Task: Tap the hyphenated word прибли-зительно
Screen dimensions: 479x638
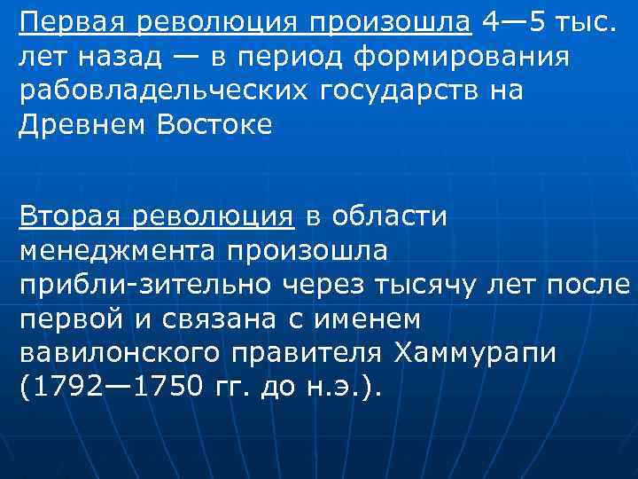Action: pyautogui.click(x=145, y=285)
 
